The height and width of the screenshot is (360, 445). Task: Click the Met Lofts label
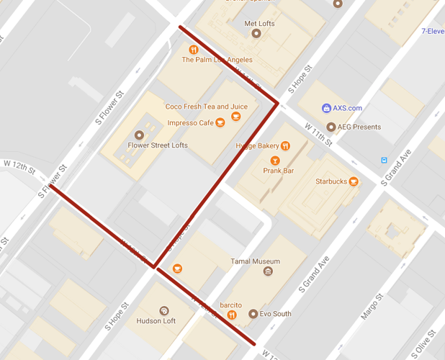coord(260,24)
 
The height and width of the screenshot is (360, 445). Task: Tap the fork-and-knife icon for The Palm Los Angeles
coord(194,50)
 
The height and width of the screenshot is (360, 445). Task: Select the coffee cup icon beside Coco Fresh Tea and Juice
coord(235,117)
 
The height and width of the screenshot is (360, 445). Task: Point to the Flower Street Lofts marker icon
coord(139,135)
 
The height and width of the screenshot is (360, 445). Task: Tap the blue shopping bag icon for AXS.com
coord(326,108)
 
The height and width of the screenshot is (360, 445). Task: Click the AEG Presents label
coord(359,127)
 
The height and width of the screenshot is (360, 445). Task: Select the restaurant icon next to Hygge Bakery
coord(286,145)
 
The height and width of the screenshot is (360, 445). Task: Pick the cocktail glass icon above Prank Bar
coord(274,161)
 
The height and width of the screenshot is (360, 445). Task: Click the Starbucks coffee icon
coord(354,181)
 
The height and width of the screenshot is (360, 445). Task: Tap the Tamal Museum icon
coord(268,271)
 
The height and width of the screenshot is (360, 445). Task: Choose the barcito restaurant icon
coord(232,315)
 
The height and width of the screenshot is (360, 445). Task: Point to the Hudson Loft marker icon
coord(164,311)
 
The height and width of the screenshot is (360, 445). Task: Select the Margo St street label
coord(370,310)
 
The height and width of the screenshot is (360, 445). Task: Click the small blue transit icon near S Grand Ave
coord(384,160)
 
